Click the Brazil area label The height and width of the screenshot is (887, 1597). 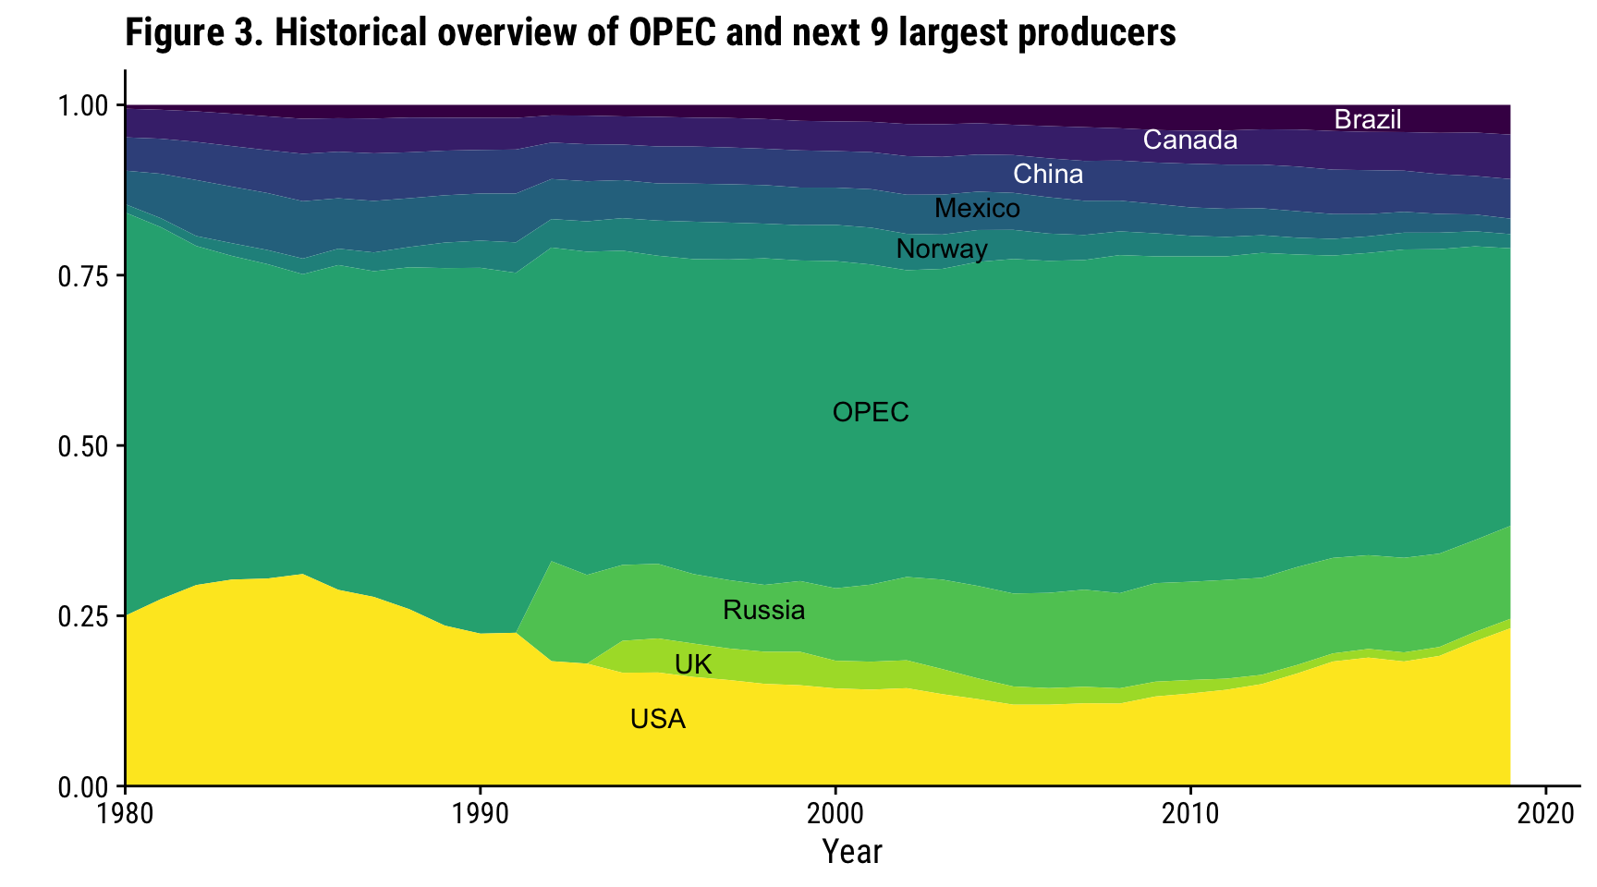coord(1368,120)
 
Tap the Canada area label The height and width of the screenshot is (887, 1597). coord(1189,140)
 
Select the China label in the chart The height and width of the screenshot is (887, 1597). coord(1048,175)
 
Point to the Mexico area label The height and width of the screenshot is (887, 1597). coord(977,209)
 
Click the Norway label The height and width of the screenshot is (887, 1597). coord(942,249)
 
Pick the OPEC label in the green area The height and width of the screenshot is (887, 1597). coord(871,412)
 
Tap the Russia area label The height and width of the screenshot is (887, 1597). coord(763,611)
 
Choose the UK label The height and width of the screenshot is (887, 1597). coord(693,665)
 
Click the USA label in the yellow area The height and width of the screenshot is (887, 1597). coord(658,720)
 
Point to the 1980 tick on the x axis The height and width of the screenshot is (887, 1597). coord(125,813)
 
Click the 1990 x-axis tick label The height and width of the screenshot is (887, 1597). coord(480,813)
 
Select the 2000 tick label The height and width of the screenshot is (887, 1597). coord(835,813)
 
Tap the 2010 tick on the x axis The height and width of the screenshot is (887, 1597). coord(1190,813)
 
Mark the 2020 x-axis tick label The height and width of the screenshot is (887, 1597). coord(1545,813)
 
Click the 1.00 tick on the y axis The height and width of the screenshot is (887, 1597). coord(84,106)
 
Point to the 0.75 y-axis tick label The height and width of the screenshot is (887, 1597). coord(84,276)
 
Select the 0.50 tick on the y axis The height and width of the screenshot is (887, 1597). coord(84,446)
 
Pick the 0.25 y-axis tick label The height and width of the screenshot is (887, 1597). coord(84,616)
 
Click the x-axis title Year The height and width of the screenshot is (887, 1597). coord(852,852)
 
